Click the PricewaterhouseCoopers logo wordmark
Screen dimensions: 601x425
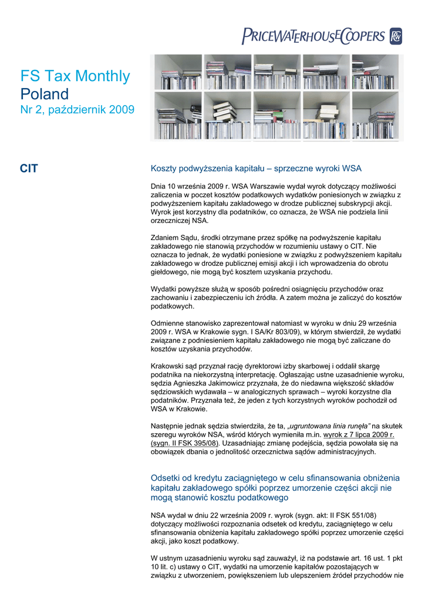(x=313, y=37)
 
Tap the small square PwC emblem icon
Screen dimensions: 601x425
(x=395, y=37)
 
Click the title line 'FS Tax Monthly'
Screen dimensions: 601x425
(x=75, y=76)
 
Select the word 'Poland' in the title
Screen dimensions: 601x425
(x=45, y=94)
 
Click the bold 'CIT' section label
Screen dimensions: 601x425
(x=29, y=169)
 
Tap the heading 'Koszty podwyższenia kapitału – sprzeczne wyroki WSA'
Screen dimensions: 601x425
(x=256, y=168)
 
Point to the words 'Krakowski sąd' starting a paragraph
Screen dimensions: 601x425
(x=175, y=366)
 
